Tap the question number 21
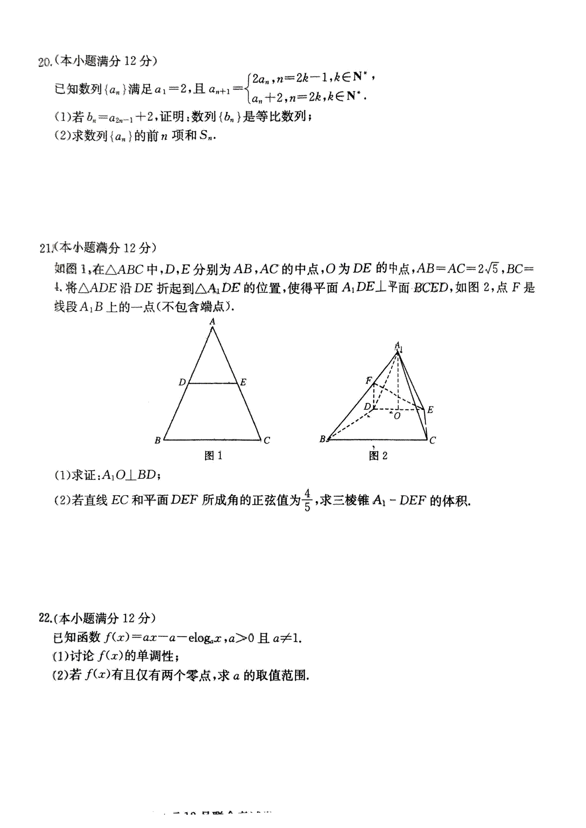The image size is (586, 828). [x=45, y=248]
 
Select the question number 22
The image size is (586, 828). [x=45, y=618]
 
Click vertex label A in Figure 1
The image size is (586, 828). [x=212, y=322]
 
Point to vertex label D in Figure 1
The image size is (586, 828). [x=182, y=382]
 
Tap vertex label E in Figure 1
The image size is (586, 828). [x=243, y=382]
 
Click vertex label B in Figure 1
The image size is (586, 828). [x=157, y=441]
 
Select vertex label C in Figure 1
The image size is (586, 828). [x=267, y=441]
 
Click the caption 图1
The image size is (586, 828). [x=213, y=456]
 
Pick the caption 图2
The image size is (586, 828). [x=378, y=456]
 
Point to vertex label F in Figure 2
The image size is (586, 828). [x=369, y=381]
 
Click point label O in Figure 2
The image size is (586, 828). [x=397, y=416]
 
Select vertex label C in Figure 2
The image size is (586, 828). [x=433, y=440]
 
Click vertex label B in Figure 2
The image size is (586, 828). [x=322, y=439]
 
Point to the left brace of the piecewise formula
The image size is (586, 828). [x=249, y=87]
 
